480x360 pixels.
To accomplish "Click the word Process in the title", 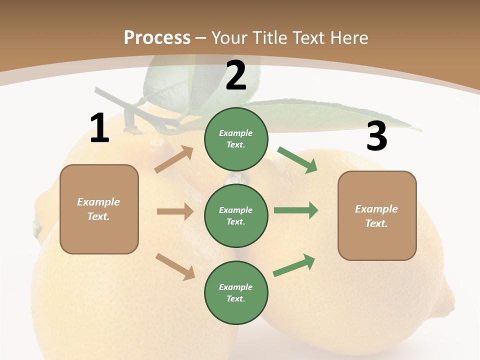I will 157,37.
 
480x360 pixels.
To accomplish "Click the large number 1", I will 99,128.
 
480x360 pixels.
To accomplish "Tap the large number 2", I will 236,75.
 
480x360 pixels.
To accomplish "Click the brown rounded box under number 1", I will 99,209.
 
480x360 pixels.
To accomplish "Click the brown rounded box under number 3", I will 377,215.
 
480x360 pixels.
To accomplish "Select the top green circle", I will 236,139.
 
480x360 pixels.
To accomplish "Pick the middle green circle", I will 236,215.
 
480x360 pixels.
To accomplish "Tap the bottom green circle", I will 236,292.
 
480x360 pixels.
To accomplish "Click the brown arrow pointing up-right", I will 174,159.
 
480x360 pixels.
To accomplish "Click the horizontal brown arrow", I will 175,211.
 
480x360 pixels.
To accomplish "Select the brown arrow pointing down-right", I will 175,266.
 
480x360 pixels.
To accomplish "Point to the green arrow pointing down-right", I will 297,159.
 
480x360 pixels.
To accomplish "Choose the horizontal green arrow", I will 295,210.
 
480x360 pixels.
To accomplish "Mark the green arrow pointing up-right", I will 294,265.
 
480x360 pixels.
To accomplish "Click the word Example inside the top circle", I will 236,133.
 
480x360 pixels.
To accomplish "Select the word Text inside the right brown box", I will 376,223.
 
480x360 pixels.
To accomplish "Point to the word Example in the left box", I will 98,202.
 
